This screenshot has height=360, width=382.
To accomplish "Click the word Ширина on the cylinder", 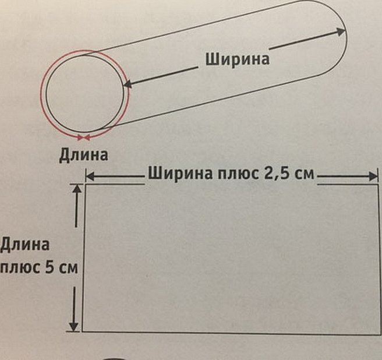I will coord(238,59).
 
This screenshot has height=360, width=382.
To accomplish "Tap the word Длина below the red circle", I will coord(83,156).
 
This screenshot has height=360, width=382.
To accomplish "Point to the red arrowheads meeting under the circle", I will coord(84,137).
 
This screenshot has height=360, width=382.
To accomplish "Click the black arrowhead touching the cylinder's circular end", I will coord(128,85).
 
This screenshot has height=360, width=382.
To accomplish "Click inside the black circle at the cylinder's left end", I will coord(84,93).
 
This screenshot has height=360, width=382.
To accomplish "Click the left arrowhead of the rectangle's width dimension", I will coord(90,175).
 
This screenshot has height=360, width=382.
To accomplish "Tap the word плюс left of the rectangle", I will coord(20,269).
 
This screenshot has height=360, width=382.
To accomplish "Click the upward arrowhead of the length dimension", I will coord(76,188).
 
